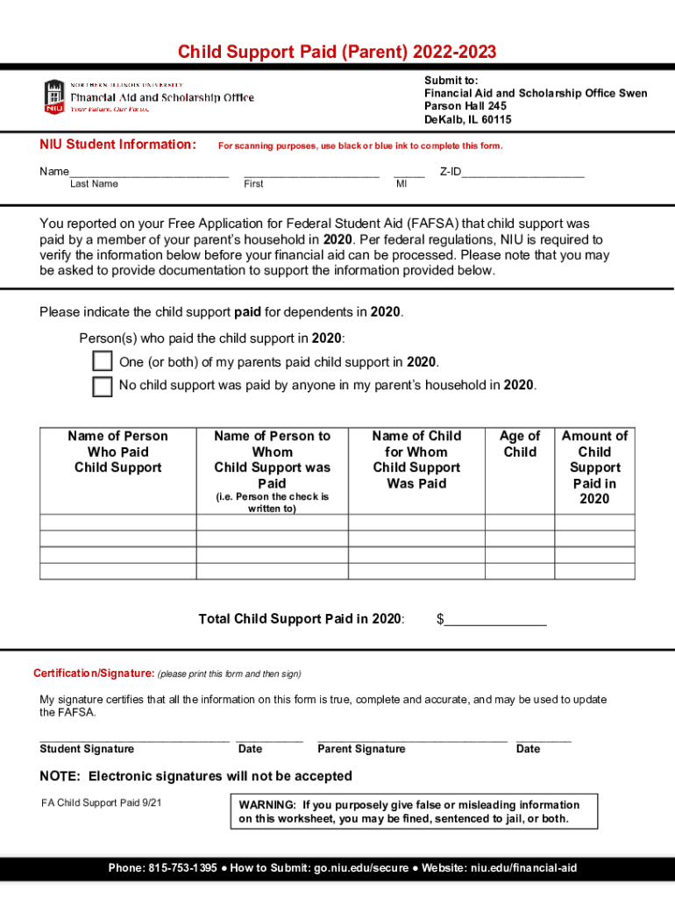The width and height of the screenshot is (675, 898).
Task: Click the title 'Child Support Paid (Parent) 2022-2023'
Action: click(337, 53)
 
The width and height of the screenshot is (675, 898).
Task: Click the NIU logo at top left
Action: click(53, 96)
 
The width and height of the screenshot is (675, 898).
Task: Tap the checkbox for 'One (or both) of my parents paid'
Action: click(103, 362)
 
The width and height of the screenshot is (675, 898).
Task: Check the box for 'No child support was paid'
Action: click(103, 386)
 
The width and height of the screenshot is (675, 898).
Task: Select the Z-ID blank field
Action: click(522, 174)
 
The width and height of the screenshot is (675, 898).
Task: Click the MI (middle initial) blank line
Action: click(409, 174)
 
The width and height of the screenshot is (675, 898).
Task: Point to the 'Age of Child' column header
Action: click(520, 444)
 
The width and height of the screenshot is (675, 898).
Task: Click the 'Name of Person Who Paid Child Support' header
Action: click(117, 452)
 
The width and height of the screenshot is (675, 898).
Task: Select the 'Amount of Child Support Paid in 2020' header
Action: click(594, 467)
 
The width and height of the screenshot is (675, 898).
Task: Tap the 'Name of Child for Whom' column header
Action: click(416, 460)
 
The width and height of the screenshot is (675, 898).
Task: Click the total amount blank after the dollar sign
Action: click(496, 621)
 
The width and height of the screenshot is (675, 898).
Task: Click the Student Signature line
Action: click(134, 738)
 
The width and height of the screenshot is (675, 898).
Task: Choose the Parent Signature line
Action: click(412, 738)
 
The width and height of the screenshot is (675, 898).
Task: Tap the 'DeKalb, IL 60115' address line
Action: click(467, 119)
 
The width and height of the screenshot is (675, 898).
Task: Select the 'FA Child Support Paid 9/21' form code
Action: click(102, 803)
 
